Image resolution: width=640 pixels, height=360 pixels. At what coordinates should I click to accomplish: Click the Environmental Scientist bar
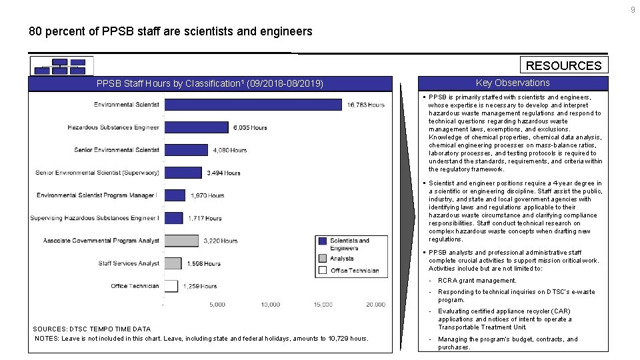coord(253,105)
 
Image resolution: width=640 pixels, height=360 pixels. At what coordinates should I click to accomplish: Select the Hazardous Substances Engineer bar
coord(196,127)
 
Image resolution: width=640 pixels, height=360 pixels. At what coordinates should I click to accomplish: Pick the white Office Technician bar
coord(171,286)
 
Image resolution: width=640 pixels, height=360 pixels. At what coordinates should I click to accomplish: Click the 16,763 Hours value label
coord(365,105)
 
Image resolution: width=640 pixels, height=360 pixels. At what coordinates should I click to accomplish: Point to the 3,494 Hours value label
coord(223,173)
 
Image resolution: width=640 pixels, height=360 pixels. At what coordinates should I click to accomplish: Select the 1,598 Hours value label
coord(203,263)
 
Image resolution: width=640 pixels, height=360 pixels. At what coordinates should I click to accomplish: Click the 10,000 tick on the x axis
coord(270,305)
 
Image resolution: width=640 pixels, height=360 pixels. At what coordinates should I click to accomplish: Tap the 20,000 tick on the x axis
coord(375,305)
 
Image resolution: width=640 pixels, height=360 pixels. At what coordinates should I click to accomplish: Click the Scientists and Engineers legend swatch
coord(323,241)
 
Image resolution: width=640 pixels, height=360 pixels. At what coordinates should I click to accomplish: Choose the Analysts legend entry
coord(342,258)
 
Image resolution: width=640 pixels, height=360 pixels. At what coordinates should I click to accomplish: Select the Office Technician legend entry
coord(354,270)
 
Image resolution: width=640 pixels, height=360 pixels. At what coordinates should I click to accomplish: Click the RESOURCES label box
coord(563,65)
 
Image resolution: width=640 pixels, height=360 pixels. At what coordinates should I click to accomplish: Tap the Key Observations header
coord(513,83)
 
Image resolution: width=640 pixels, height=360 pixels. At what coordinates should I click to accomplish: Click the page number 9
coord(633,9)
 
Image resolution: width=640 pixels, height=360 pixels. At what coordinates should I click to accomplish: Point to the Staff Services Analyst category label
coord(129,263)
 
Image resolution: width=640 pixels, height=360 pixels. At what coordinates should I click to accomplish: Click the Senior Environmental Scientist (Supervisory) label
coord(97,173)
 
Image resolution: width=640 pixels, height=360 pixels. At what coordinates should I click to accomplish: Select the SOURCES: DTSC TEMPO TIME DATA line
coord(91,329)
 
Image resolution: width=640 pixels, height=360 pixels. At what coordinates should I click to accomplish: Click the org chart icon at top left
coord(61,66)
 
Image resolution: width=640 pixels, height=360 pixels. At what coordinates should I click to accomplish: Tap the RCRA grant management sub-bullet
coord(477,281)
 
